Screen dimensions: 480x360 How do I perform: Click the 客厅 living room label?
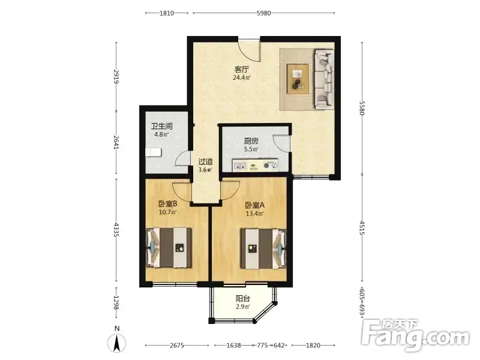pyautogui.click(x=242, y=70)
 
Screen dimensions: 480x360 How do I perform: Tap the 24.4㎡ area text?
pyautogui.click(x=242, y=77)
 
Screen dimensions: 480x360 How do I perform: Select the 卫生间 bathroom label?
pyautogui.click(x=161, y=126)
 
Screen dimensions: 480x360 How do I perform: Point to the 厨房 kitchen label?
pyautogui.click(x=251, y=141)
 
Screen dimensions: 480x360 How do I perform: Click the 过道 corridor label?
pyautogui.click(x=205, y=161)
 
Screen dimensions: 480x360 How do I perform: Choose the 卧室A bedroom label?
pyautogui.click(x=254, y=205)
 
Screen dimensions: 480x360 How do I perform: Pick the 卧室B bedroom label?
pyautogui.click(x=168, y=204)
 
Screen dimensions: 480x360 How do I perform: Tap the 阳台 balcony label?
pyautogui.click(x=243, y=298)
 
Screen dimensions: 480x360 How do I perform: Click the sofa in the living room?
pyautogui.click(x=324, y=80)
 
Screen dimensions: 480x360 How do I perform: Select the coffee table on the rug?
pyautogui.click(x=298, y=79)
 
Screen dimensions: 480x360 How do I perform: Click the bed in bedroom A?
pyautogui.click(x=263, y=248)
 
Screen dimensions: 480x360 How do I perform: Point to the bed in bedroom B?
pyautogui.click(x=169, y=247)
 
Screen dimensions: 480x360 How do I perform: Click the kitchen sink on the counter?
pyautogui.click(x=240, y=166)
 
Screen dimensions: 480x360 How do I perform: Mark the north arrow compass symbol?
pyautogui.click(x=117, y=342)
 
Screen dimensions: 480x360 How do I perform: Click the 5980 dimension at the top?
pyautogui.click(x=263, y=13)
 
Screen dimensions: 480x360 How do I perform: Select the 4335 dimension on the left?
pyautogui.click(x=116, y=229)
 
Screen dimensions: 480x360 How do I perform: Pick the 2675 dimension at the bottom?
pyautogui.click(x=177, y=346)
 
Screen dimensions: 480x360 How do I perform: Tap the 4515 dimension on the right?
pyautogui.click(x=362, y=228)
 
